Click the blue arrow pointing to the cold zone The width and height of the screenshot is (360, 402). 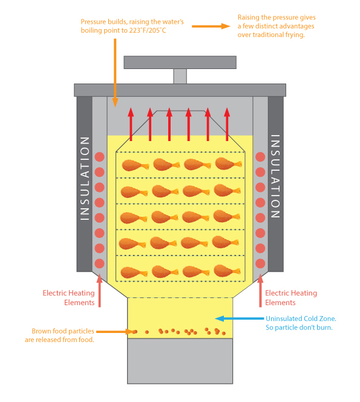click(x=240, y=318)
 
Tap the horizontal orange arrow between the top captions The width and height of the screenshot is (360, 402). click(x=211, y=26)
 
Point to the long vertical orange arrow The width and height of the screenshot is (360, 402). click(x=116, y=73)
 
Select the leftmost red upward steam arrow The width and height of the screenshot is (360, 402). click(x=131, y=124)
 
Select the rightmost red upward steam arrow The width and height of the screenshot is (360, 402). click(x=227, y=124)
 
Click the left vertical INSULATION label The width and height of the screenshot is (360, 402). click(x=85, y=179)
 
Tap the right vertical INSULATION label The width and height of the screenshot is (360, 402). click(x=275, y=176)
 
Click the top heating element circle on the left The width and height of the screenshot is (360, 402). click(x=99, y=157)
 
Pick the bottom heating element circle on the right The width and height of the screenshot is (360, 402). click(x=260, y=263)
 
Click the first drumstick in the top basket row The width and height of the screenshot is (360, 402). click(x=136, y=165)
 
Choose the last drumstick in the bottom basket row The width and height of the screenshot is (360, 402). click(x=227, y=271)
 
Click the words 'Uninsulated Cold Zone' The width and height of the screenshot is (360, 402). click(x=300, y=318)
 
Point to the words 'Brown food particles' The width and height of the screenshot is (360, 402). click(x=63, y=331)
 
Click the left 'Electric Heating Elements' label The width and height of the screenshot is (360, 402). click(x=68, y=298)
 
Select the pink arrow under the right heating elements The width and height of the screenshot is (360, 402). click(x=260, y=291)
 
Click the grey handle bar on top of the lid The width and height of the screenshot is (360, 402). click(x=180, y=62)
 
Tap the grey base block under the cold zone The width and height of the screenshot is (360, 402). click(x=180, y=361)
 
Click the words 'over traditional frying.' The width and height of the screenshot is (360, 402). click(x=271, y=35)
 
